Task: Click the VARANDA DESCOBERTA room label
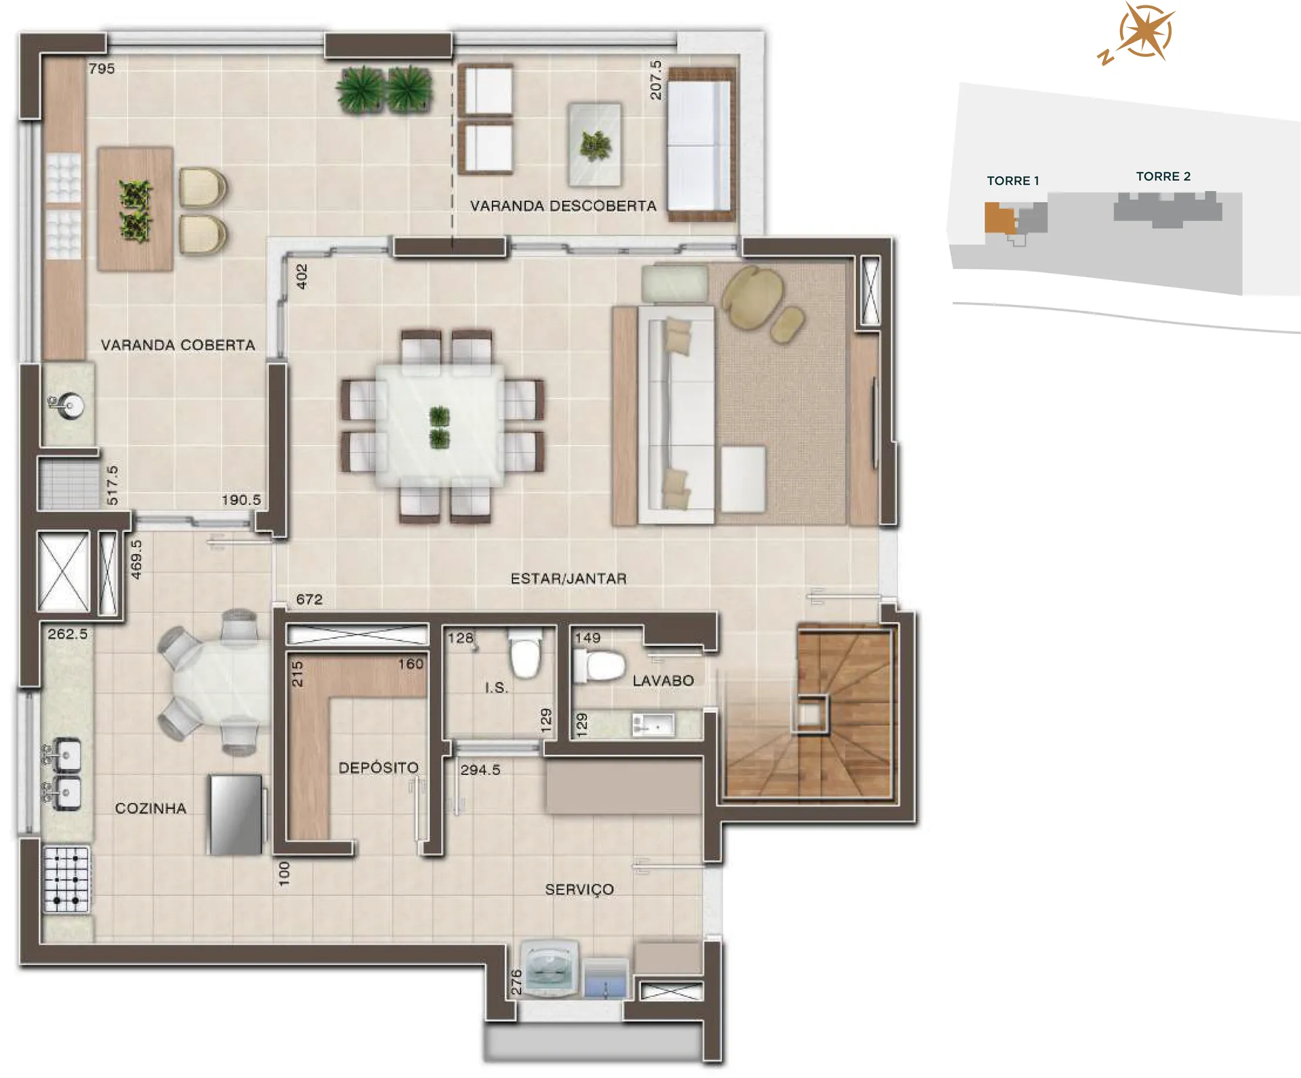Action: coord(563,206)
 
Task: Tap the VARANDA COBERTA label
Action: coord(178,345)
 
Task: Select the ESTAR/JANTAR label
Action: coord(569,579)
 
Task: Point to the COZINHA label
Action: coord(150,808)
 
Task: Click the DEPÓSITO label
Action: coord(378,767)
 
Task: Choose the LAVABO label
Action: coord(663,680)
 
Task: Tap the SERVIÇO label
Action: coord(579,890)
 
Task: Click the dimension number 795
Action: coord(102,68)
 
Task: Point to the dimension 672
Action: coord(309,599)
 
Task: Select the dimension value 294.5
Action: coord(480,770)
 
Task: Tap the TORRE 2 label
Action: coord(1163,176)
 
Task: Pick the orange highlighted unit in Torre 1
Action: coord(999,218)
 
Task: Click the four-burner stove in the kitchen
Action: coord(66,879)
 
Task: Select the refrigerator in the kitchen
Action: coord(236,814)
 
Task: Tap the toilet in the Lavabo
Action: coord(598,665)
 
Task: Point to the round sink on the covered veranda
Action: coord(68,406)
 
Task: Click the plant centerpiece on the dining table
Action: coord(439,427)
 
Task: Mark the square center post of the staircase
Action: coord(810,714)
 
